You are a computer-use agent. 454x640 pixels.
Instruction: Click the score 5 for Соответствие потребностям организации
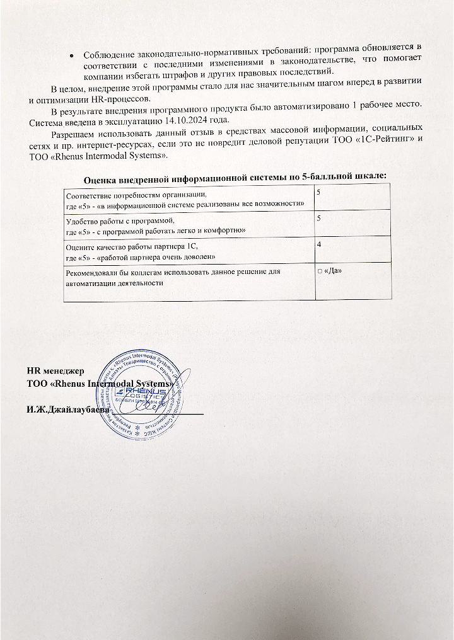[319, 191]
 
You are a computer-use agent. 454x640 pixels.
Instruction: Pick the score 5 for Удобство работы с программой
[319, 218]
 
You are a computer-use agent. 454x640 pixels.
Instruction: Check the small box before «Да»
[320, 271]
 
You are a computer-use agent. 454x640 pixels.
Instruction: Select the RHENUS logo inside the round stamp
[144, 393]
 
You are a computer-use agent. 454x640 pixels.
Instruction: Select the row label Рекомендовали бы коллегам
[120, 271]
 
